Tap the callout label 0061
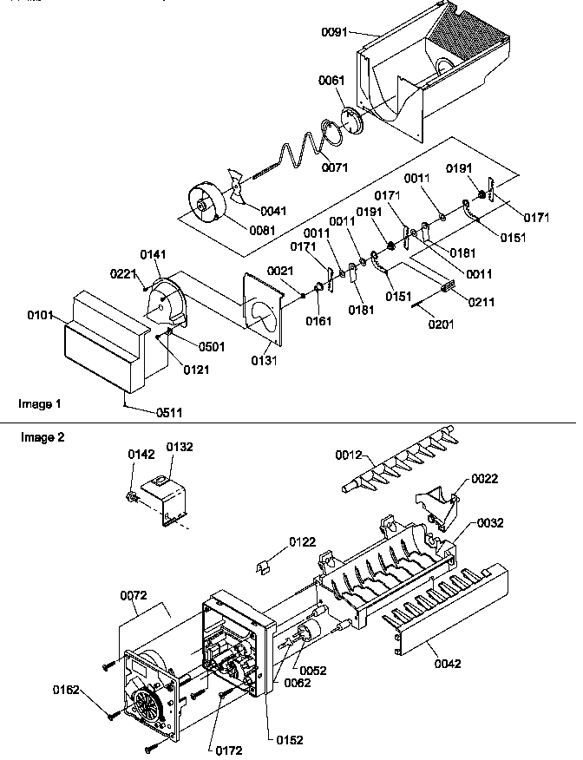(x=331, y=82)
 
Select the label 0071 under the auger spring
(x=337, y=167)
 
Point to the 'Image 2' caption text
(x=43, y=437)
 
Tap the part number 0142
(x=141, y=454)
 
